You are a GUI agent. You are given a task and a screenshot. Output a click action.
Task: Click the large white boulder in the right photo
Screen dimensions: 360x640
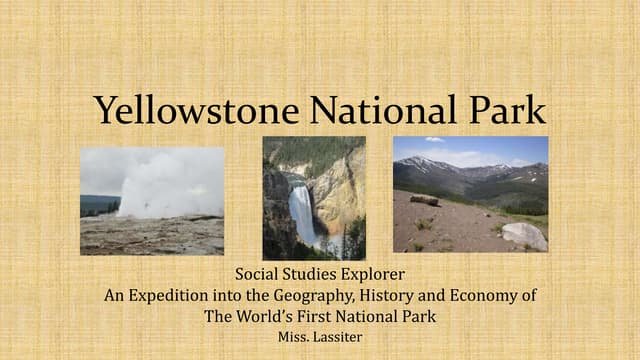coord(524,236)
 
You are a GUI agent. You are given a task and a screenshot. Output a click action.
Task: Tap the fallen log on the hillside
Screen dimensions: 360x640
coord(424,200)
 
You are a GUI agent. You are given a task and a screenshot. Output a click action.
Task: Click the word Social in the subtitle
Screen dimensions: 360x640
coord(257,274)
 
